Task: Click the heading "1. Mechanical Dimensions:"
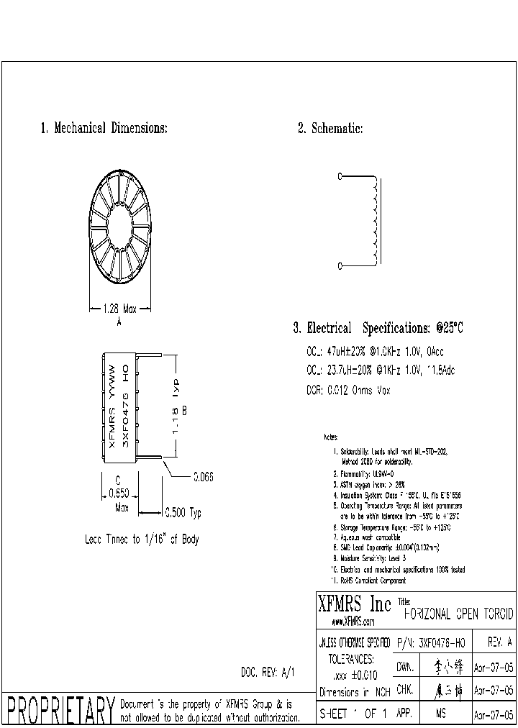[x=104, y=129]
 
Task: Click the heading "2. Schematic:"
[x=330, y=129]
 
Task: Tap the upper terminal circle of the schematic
[x=340, y=176]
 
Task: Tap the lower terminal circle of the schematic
[x=340, y=265]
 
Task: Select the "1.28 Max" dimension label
[x=119, y=309]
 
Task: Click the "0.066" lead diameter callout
[x=202, y=477]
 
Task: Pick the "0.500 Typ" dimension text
[x=183, y=513]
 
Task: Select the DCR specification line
[x=348, y=390]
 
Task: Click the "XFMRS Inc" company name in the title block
[x=354, y=603]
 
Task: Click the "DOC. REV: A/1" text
[x=268, y=673]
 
